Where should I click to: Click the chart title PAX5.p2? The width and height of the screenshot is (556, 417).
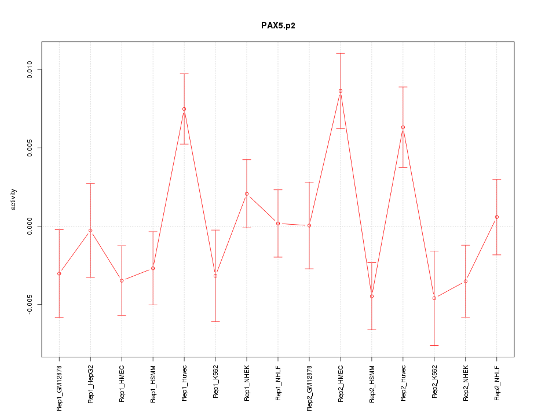click(278, 25)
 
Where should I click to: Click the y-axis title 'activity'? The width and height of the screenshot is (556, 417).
click(14, 199)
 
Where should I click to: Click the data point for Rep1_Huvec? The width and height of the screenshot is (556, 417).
click(184, 109)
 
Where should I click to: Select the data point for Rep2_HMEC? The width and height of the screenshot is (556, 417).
click(341, 91)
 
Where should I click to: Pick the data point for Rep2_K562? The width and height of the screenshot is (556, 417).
click(434, 298)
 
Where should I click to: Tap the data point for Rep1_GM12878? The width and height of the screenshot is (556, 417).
click(59, 273)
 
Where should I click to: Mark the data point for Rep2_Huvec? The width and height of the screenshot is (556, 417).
click(403, 127)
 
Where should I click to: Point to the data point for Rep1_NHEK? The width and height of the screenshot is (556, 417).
click(247, 193)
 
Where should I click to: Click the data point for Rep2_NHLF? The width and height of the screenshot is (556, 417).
click(497, 217)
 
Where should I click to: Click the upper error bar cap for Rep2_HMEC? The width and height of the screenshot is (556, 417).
click(341, 53)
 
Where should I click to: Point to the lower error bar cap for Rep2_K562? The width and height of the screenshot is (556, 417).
click(434, 345)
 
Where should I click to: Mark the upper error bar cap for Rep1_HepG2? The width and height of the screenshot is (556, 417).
click(90, 183)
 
